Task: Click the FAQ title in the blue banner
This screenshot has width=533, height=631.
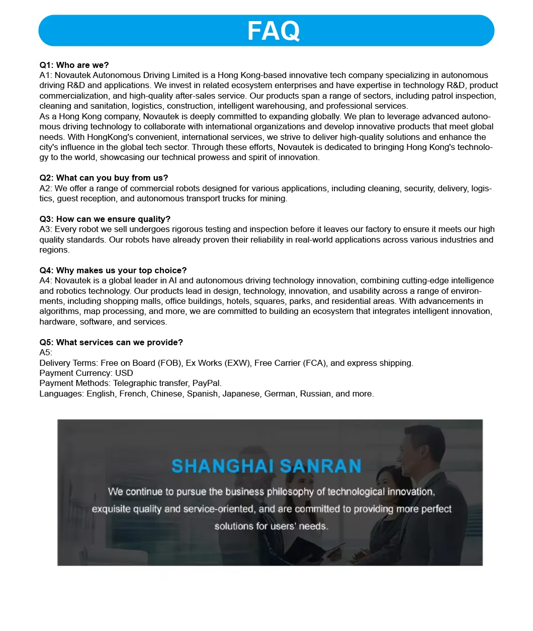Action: pos(273,31)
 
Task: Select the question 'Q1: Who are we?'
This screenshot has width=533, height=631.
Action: pos(74,65)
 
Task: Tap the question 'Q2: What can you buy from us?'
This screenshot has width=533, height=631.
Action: pos(104,178)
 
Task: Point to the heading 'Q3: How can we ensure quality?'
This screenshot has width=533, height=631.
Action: pos(105,219)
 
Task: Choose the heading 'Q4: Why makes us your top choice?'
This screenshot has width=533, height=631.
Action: pos(113,270)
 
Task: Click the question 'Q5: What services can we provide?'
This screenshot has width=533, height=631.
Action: pos(111,342)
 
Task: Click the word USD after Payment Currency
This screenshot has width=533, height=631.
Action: pos(124,373)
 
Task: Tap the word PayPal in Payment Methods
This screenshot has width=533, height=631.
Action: pos(207,383)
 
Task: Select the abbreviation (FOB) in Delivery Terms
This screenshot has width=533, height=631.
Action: pos(170,363)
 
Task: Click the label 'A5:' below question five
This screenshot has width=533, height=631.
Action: pos(46,352)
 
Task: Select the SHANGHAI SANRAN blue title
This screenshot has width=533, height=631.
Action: pos(266,466)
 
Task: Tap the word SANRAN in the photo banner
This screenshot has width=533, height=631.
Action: pos(320,466)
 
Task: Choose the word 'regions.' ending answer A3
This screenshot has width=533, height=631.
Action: pos(54,250)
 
